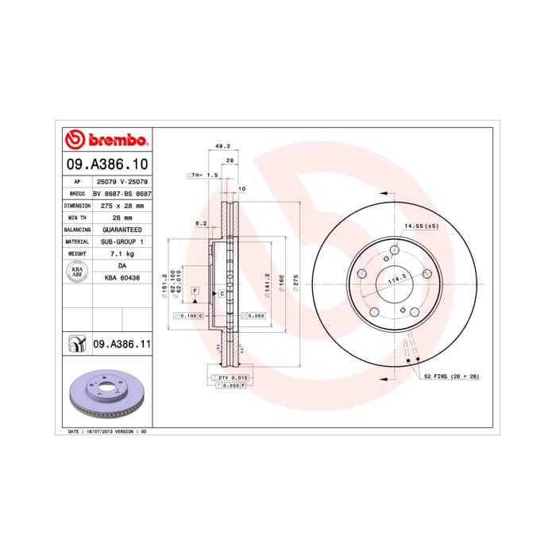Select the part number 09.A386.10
tap(106, 165)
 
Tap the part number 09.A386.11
tap(122, 344)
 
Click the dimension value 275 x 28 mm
tap(122, 205)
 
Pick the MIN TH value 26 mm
tap(122, 217)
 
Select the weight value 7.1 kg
tap(122, 253)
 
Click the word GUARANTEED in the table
tap(122, 229)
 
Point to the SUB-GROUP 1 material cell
tap(122, 241)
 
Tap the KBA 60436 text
tap(122, 277)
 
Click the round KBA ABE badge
tap(77, 271)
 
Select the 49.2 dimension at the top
tap(222, 146)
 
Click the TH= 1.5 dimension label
tap(203, 174)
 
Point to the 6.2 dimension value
tap(201, 223)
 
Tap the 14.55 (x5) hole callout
tap(420, 227)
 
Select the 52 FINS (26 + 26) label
tap(451, 375)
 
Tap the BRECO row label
tap(77, 193)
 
